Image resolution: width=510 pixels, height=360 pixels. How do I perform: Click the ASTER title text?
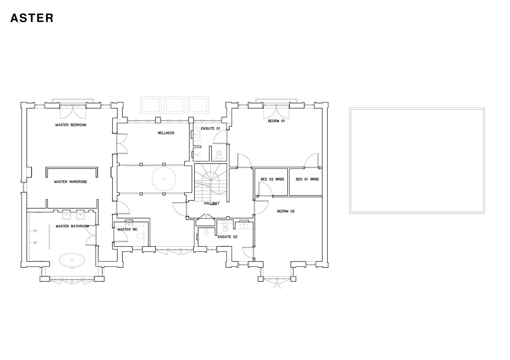point(32,18)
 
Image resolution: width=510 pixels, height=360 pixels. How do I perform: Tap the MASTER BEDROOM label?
point(71,125)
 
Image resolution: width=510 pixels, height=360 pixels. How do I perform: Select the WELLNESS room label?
point(166,133)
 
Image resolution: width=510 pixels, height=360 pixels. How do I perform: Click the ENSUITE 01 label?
point(210,128)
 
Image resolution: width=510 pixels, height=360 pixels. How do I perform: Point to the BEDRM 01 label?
point(276,121)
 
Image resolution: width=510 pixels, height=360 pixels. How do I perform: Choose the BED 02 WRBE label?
point(272,179)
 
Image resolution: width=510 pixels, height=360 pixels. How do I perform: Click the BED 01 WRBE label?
point(307,179)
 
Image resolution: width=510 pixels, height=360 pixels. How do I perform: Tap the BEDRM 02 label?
point(286,211)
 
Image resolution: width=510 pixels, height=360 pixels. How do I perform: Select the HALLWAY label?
point(211,203)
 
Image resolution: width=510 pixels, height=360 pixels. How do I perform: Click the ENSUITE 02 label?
point(227,237)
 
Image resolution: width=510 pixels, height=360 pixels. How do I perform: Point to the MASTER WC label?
point(127,230)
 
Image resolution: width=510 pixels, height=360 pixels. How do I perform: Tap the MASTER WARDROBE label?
point(71,182)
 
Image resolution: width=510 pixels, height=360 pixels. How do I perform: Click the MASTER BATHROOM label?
point(72,226)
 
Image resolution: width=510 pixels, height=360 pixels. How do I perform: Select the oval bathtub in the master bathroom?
point(72,260)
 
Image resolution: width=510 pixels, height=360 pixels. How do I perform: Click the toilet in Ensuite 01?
point(219,154)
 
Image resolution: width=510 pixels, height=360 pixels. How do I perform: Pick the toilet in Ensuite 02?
point(225,228)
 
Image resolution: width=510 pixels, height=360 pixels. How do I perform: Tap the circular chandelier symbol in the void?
point(164,179)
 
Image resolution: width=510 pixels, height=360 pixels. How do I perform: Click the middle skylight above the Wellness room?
point(174,104)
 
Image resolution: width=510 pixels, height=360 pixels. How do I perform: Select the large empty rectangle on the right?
point(417,160)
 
